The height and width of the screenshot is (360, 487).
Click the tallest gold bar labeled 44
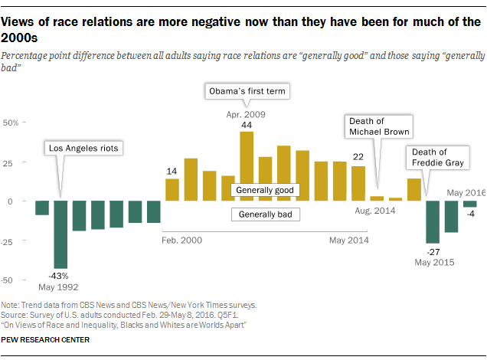(247, 166)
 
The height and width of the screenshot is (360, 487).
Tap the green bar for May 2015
(433, 222)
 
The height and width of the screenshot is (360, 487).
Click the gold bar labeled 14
(172, 190)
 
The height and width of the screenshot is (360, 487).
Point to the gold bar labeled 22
(358, 184)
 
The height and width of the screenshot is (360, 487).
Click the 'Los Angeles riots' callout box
(83, 148)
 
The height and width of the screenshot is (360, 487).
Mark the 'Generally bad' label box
(265, 214)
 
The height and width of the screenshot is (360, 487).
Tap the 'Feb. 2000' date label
(182, 240)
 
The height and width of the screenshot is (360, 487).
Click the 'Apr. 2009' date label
(246, 113)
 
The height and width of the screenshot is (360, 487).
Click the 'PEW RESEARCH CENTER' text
(45, 339)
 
